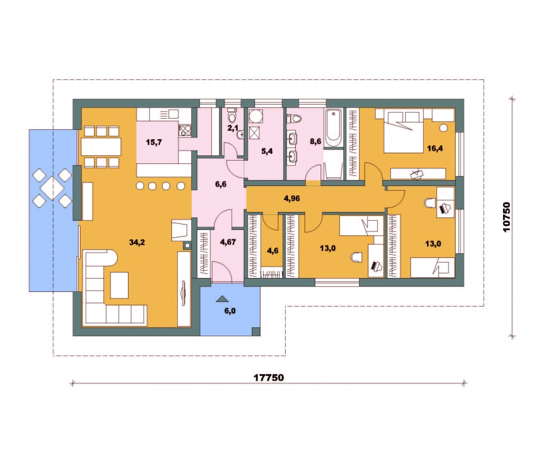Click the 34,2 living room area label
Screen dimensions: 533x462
click(137, 242)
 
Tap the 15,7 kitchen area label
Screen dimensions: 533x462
click(154, 142)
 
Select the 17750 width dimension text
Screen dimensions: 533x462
click(268, 377)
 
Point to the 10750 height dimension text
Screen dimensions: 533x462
click(507, 217)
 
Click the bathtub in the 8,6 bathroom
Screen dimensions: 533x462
click(333, 128)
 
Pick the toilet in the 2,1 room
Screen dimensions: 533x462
click(232, 117)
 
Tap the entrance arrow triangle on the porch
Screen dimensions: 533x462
click(223, 299)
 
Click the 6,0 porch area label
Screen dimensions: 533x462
click(230, 311)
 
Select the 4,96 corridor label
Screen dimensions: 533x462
click(292, 199)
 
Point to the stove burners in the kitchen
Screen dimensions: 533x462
click(185, 129)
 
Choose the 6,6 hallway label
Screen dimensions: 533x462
click(221, 185)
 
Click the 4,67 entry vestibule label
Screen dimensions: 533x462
click(228, 242)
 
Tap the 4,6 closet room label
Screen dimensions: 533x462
click(272, 251)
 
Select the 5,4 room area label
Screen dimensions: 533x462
click(267, 151)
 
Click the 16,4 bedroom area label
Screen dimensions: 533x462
click(435, 148)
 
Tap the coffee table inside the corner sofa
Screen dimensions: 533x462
click(119, 285)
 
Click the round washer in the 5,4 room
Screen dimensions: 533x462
click(255, 117)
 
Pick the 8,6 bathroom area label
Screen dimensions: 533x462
click(315, 141)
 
